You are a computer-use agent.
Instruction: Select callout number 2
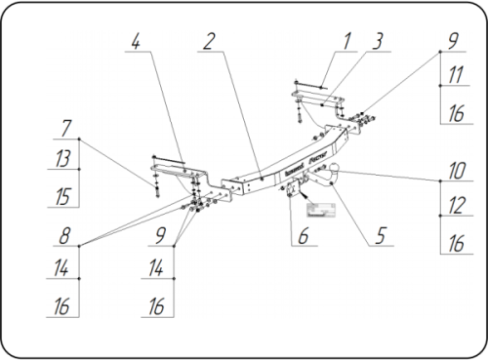(x=210, y=41)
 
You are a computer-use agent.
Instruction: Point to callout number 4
(x=137, y=41)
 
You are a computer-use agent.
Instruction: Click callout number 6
(x=303, y=236)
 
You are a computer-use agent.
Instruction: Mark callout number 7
(x=66, y=128)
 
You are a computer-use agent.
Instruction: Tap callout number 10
(x=455, y=170)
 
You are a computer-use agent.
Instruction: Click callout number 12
(x=455, y=207)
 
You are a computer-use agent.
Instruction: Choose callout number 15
(x=64, y=196)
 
